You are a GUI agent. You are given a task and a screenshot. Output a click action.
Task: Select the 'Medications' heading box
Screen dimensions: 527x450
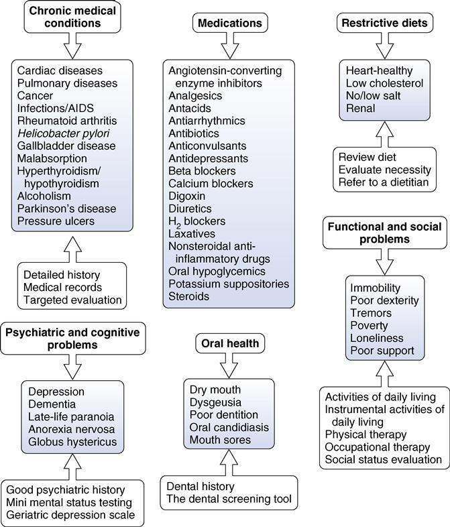pyautogui.click(x=229, y=23)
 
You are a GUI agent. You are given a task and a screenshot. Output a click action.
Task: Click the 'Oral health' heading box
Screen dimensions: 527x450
pyautogui.click(x=229, y=344)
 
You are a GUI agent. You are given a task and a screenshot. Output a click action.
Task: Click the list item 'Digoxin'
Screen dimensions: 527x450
pyautogui.click(x=187, y=195)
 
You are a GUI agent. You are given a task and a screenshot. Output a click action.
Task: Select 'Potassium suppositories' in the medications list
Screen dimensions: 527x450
pyautogui.click(x=229, y=284)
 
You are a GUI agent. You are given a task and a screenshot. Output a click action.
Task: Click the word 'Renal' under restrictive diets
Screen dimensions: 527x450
pyautogui.click(x=360, y=108)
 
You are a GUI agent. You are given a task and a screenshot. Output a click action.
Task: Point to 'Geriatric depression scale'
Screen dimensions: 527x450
pyautogui.click(x=71, y=515)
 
